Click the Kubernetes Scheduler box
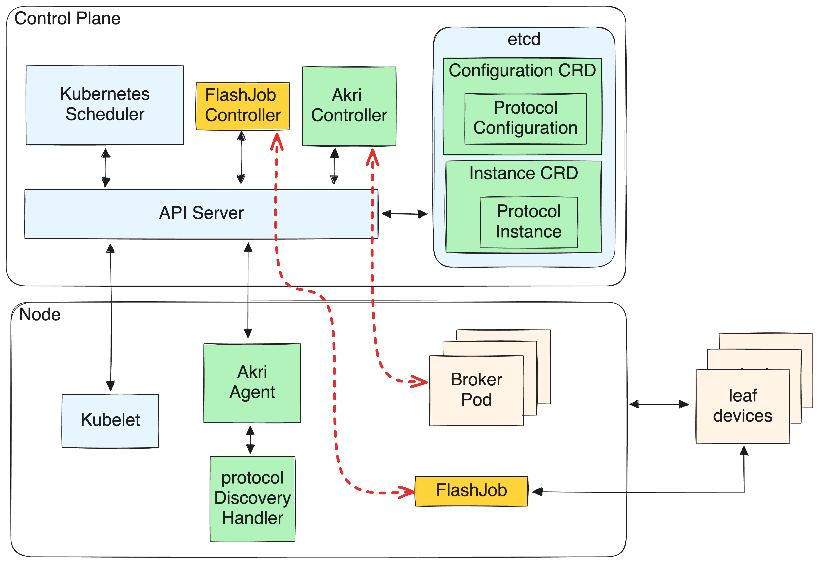[x=105, y=105]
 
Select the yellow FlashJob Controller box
[x=243, y=106]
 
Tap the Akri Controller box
[x=349, y=106]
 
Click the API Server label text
[x=201, y=213]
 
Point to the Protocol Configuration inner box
[x=525, y=118]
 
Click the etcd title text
[x=524, y=39]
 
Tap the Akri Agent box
[x=252, y=382]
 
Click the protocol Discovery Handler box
[x=252, y=498]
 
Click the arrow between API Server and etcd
[x=404, y=214]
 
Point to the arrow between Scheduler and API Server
[x=106, y=168]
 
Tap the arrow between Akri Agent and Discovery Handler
[x=250, y=440]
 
